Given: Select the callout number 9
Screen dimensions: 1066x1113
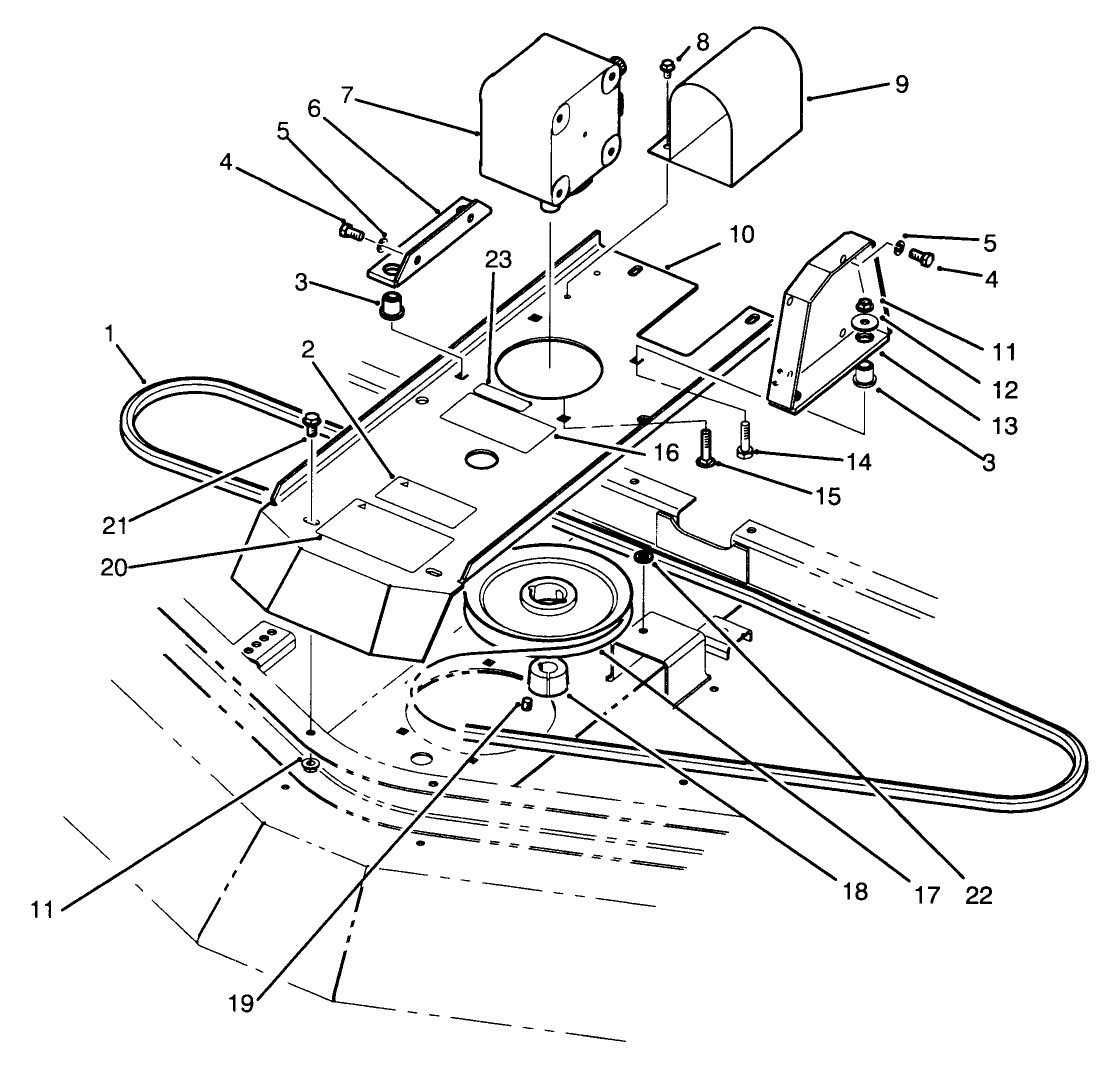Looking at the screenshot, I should point(901,84).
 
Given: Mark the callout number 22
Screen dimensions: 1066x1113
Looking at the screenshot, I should point(977,896).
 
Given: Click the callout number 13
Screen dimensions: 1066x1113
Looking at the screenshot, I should point(1001,425).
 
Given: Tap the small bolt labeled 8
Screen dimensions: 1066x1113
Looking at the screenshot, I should point(667,67).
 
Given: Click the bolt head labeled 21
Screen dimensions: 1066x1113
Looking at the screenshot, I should point(311,420).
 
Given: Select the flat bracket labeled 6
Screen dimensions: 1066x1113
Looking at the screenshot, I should point(430,243).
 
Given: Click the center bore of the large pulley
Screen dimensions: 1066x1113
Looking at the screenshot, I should point(542,600).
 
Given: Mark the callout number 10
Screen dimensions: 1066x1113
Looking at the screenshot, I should point(741,236).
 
